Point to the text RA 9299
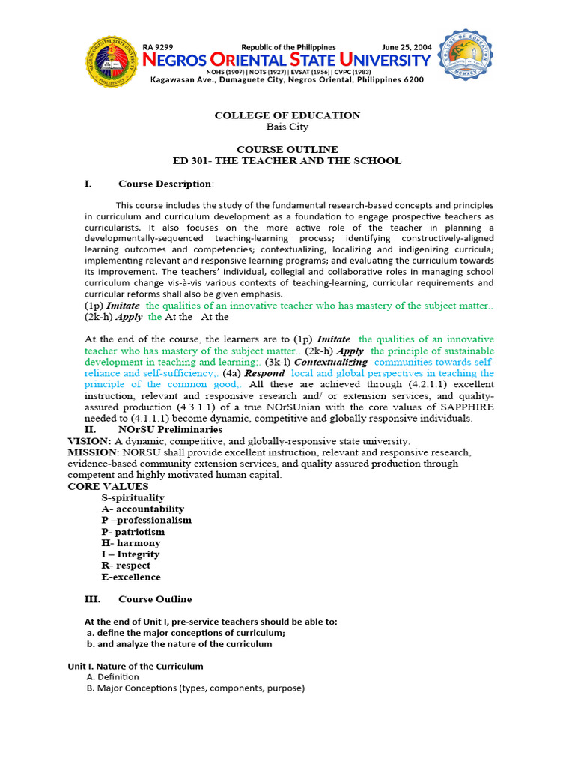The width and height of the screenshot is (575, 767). [x=158, y=47]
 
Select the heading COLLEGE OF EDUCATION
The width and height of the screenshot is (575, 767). [x=287, y=115]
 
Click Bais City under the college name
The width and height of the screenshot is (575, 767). [x=287, y=127]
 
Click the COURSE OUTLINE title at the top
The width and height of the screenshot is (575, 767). [x=287, y=149]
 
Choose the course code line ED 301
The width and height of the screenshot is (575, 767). [x=287, y=160]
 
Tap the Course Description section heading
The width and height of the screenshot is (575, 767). [x=165, y=184]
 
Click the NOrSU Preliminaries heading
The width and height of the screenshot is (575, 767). [x=170, y=430]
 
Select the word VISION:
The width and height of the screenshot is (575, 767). [x=89, y=441]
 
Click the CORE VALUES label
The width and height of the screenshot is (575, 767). [x=97, y=486]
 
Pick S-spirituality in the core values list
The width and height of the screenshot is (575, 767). [x=133, y=497]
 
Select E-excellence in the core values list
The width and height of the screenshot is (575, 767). [x=131, y=577]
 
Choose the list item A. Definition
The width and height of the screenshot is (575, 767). [x=113, y=677]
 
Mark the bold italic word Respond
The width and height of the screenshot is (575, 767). [x=264, y=373]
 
